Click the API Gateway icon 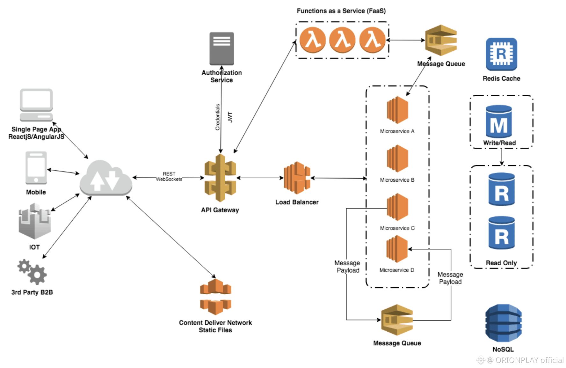[x=220, y=178]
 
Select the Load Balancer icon [x=297, y=178]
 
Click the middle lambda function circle [x=342, y=40]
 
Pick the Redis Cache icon [x=501, y=54]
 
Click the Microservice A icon [x=397, y=110]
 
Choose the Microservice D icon [x=397, y=249]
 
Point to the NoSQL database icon [x=503, y=323]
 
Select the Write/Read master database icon [x=499, y=122]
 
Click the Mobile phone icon [x=36, y=167]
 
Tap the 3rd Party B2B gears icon [x=32, y=272]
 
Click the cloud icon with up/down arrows [x=105, y=178]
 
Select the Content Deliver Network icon [x=215, y=297]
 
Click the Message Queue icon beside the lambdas [x=441, y=40]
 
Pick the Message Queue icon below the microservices [x=397, y=320]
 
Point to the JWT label [x=230, y=117]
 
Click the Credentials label [x=218, y=117]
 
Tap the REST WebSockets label [x=169, y=176]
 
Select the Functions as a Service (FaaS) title [x=341, y=11]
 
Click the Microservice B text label [x=397, y=180]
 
